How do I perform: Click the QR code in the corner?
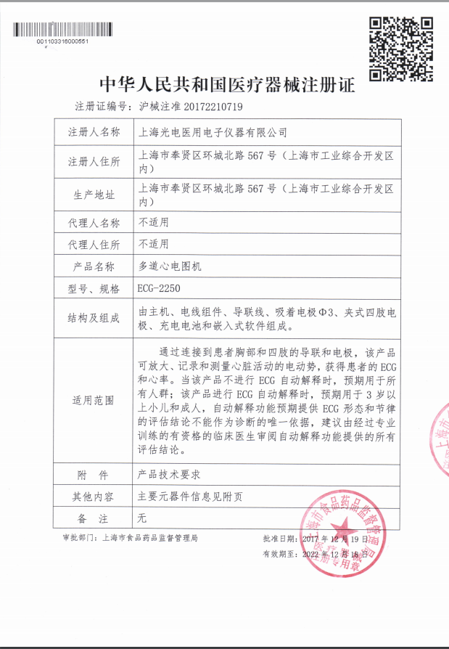pos(401,49)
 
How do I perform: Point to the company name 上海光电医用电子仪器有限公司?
pos(213,133)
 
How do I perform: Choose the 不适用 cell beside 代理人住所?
pos(153,245)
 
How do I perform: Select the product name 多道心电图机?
pos(170,266)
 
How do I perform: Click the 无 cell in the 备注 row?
pos(142,518)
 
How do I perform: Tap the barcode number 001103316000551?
pos(62,41)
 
